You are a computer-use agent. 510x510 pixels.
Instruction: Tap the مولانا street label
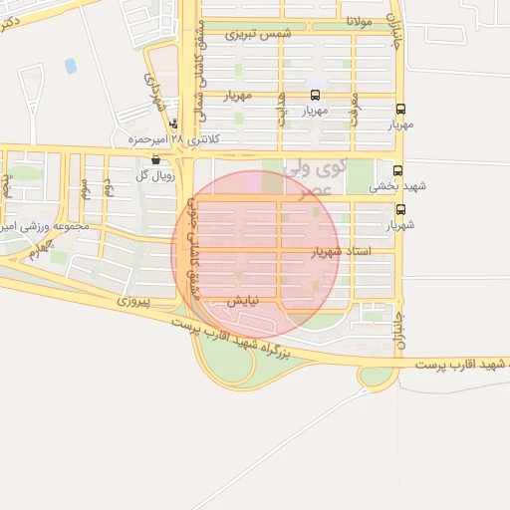point(360,20)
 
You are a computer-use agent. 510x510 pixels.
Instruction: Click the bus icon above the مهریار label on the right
point(400,111)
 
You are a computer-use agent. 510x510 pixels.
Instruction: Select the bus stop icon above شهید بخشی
point(398,171)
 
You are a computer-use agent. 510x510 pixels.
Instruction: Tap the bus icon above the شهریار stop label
point(401,210)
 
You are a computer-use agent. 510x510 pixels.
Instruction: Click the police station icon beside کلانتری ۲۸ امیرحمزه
point(174,126)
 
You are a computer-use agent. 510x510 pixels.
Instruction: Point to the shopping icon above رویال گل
point(154,159)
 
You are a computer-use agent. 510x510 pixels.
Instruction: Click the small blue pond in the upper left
point(71,66)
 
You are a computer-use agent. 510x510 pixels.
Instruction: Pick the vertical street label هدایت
point(282,111)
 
